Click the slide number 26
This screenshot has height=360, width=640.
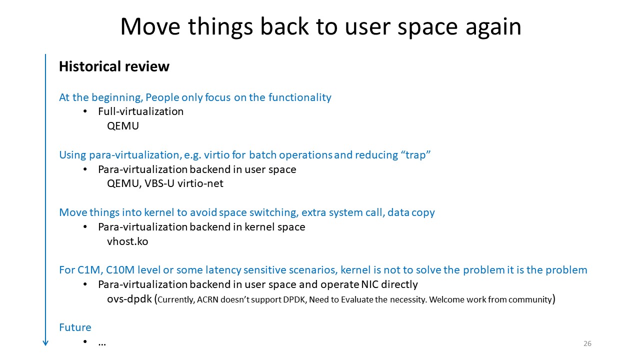click(587, 343)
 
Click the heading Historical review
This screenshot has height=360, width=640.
click(114, 66)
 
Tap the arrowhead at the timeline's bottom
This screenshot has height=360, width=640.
click(45, 343)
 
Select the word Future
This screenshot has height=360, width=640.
click(75, 327)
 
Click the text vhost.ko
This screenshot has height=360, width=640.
click(127, 241)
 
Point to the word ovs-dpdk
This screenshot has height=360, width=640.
click(129, 299)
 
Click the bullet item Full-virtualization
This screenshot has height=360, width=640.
click(141, 111)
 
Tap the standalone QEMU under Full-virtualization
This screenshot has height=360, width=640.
click(123, 126)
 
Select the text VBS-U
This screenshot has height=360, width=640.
click(159, 183)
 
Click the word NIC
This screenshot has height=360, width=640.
click(369, 284)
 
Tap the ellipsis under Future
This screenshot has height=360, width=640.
click(102, 344)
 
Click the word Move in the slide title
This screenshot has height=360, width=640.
click(150, 26)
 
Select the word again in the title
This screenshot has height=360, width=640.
click(493, 28)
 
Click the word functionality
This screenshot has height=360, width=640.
click(299, 97)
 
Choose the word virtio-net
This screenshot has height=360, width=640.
click(200, 183)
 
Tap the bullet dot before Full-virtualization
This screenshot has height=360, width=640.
click(85, 111)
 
